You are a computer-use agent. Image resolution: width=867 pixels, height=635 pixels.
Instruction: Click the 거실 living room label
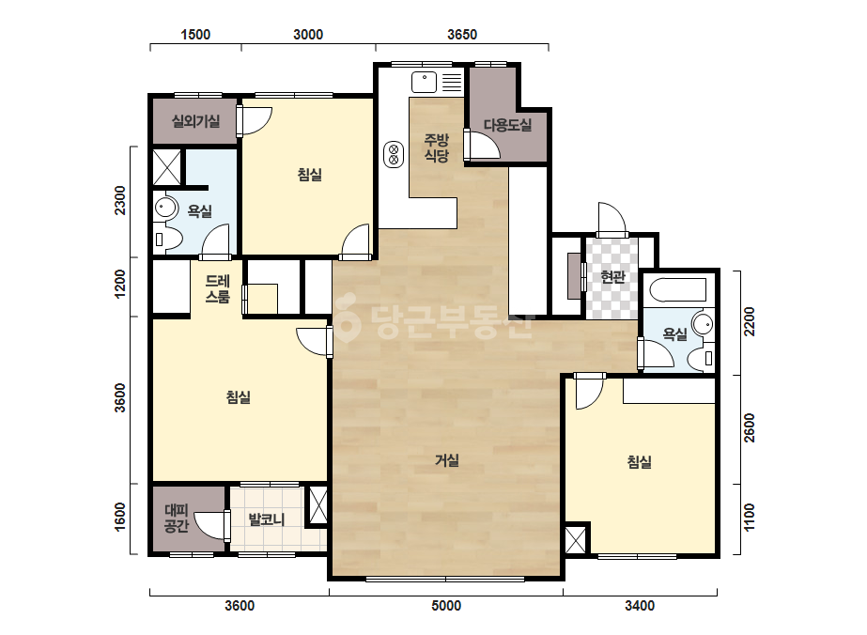[447, 460]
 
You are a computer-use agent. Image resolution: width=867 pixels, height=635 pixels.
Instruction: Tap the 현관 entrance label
[612, 276]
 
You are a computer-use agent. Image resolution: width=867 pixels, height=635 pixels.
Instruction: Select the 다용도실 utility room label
[507, 125]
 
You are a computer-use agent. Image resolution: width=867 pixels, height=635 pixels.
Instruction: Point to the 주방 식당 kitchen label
[436, 147]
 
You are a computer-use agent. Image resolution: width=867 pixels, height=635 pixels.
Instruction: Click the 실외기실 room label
[195, 121]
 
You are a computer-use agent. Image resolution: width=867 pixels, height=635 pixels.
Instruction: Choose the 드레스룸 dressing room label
[217, 288]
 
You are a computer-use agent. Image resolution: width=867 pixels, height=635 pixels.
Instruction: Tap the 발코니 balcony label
[267, 519]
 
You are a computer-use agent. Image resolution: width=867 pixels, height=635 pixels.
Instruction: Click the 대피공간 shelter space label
[177, 519]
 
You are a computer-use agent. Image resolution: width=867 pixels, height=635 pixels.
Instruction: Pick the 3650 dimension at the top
[462, 35]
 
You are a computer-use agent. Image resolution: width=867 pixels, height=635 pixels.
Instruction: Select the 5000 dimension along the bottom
[446, 606]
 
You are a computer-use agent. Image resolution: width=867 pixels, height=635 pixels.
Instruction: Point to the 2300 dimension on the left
[120, 201]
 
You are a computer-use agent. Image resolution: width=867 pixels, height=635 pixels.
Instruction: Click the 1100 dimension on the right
[749, 518]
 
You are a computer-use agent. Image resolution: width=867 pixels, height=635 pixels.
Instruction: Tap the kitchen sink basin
[424, 83]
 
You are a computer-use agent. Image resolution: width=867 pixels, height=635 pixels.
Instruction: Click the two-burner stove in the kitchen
[394, 154]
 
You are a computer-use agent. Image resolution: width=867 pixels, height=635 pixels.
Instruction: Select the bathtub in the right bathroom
[678, 290]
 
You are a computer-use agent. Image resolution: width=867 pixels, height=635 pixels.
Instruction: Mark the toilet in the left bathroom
[167, 239]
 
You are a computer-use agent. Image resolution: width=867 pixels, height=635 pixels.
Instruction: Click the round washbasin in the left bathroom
[165, 208]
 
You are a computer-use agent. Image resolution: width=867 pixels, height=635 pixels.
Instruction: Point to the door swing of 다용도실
[483, 145]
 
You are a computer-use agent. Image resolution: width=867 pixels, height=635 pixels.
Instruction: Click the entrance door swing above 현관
[612, 219]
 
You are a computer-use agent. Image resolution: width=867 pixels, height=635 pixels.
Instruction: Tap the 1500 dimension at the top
[195, 35]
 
